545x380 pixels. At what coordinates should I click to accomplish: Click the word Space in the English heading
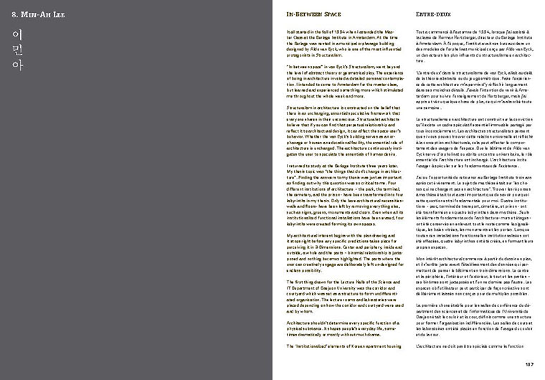coord(331,14)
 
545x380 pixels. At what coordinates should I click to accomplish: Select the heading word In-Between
coord(301,14)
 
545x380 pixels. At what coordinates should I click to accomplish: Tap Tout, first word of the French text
coord(420,32)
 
